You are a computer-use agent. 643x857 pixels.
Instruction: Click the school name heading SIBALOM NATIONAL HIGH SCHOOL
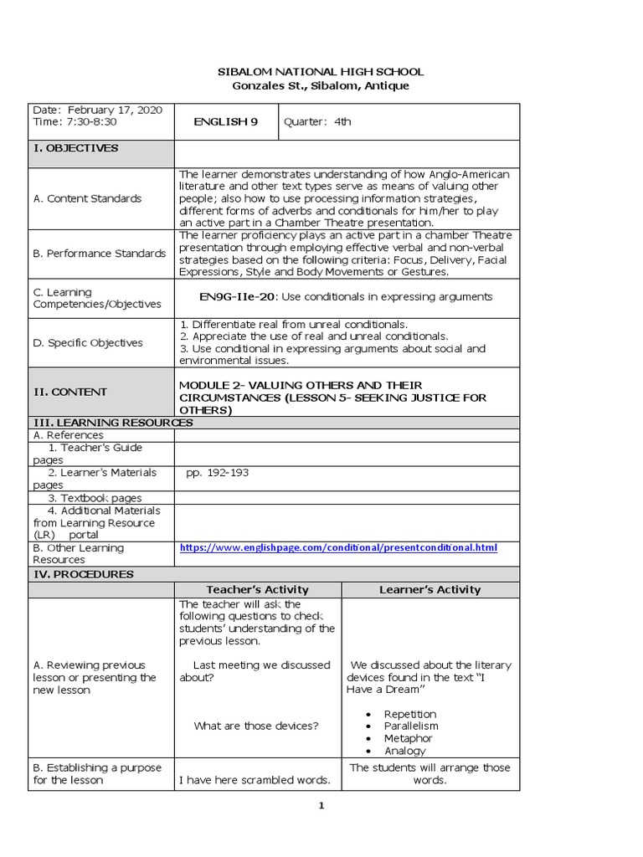coord(321,72)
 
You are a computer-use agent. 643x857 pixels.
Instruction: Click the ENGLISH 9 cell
coord(225,122)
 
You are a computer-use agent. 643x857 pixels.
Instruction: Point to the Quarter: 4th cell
coord(317,122)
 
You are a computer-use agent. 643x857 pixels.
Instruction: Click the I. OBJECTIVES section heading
coord(75,148)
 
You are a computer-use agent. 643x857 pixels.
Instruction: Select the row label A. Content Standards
coord(87,199)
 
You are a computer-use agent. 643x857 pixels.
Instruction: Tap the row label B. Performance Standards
coord(99,254)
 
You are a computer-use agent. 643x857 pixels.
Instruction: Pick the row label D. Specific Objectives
coord(87,343)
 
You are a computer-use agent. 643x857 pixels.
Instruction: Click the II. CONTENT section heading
coord(69,392)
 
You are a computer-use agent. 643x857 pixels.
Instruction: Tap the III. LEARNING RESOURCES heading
coord(112,423)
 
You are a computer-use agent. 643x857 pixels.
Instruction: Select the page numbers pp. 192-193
coord(217,473)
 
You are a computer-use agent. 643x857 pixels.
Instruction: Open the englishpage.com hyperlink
coord(338,548)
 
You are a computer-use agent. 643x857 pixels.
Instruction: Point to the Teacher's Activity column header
coord(257,590)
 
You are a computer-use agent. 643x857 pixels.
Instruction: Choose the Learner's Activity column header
coord(430,590)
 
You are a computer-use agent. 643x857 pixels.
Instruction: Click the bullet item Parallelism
coord(410,726)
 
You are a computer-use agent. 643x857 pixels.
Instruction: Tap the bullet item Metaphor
coord(408,739)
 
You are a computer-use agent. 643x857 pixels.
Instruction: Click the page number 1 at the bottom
coord(321,806)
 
